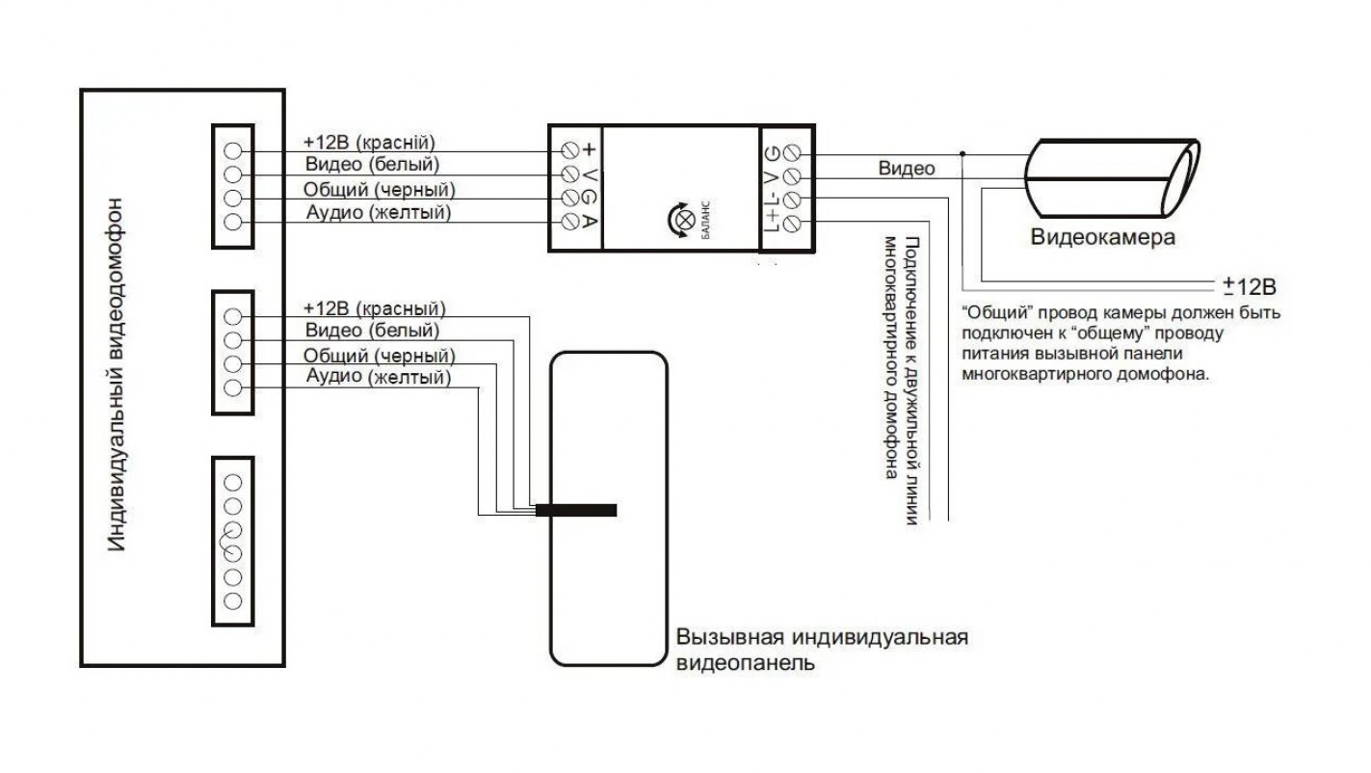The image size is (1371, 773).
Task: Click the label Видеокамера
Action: click(1103, 237)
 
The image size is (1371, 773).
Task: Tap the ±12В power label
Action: click(1250, 286)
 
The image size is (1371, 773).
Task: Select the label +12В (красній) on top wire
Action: click(369, 142)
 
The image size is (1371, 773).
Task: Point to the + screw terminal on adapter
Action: click(570, 150)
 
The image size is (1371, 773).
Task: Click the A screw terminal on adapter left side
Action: click(570, 221)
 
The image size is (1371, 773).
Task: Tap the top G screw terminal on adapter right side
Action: click(793, 152)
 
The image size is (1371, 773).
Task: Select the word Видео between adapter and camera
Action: click(907, 169)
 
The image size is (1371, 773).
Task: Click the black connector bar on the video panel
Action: click(576, 510)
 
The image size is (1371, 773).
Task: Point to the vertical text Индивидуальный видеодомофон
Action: click(116, 374)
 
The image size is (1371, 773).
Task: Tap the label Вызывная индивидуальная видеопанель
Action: click(822, 650)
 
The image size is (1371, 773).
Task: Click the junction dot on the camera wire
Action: click(962, 154)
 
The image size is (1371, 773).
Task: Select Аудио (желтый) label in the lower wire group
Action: click(379, 377)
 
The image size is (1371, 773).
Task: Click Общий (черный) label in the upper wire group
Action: click(380, 190)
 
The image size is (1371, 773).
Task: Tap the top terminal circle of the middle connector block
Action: click(232, 317)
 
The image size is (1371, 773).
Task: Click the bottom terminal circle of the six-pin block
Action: click(232, 600)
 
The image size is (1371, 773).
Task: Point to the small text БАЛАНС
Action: click(705, 220)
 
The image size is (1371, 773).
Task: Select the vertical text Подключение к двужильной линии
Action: click(911, 381)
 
